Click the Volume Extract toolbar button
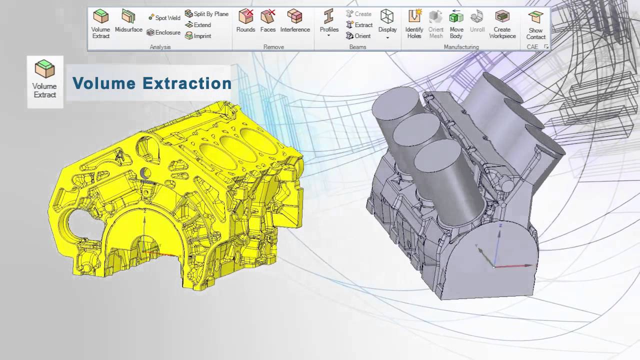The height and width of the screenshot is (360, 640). point(100,23)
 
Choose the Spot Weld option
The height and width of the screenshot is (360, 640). point(164,17)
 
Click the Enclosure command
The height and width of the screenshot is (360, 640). point(163,32)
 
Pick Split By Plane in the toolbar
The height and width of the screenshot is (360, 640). point(206,14)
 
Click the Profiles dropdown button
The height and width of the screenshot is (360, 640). point(329,23)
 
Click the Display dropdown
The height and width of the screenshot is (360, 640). point(387,23)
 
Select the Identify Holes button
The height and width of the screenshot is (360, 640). point(414,23)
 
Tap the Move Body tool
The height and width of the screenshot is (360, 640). point(456,23)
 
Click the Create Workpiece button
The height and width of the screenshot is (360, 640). point(502,23)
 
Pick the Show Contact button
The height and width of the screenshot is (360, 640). point(535,25)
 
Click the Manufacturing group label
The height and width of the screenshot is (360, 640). point(461,47)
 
